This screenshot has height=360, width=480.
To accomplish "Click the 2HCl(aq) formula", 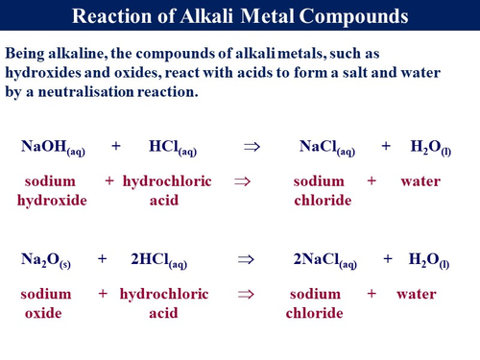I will [x=159, y=259].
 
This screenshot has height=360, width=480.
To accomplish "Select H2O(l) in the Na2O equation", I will [x=424, y=259].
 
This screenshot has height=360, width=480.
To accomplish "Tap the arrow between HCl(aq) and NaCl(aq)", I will [x=252, y=147].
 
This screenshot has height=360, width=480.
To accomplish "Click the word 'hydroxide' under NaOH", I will [x=52, y=200].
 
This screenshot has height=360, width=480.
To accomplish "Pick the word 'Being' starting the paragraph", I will [x=26, y=53].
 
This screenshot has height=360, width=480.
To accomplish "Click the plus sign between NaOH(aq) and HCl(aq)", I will [x=116, y=147].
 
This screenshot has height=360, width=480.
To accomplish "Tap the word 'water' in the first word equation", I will [x=420, y=181].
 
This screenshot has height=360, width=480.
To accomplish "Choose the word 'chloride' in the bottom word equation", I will [x=314, y=313].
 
